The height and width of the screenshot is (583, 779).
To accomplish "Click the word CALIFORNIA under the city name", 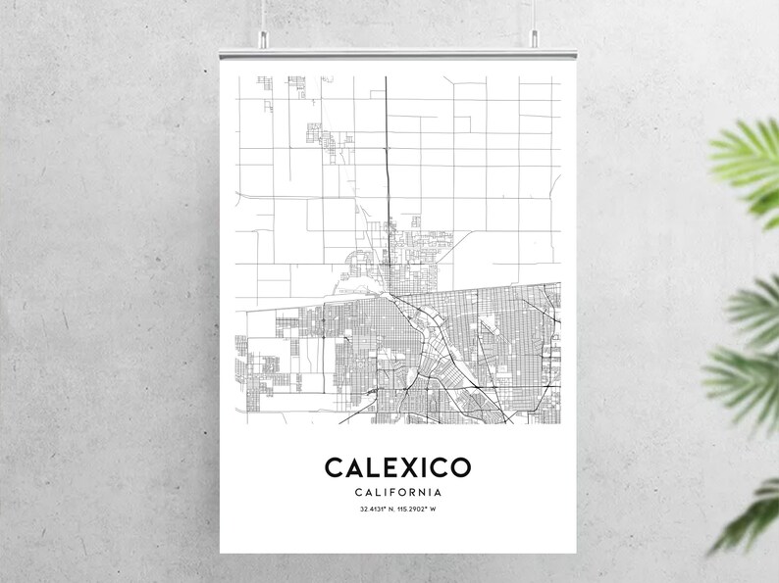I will click(x=397, y=492).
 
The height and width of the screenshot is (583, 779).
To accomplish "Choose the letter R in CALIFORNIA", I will click(x=413, y=492).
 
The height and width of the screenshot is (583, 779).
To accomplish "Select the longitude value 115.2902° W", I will click(x=417, y=510).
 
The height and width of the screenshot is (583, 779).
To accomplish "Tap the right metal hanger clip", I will click(x=536, y=38).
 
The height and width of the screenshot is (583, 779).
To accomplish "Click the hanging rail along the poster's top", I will click(x=396, y=47).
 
